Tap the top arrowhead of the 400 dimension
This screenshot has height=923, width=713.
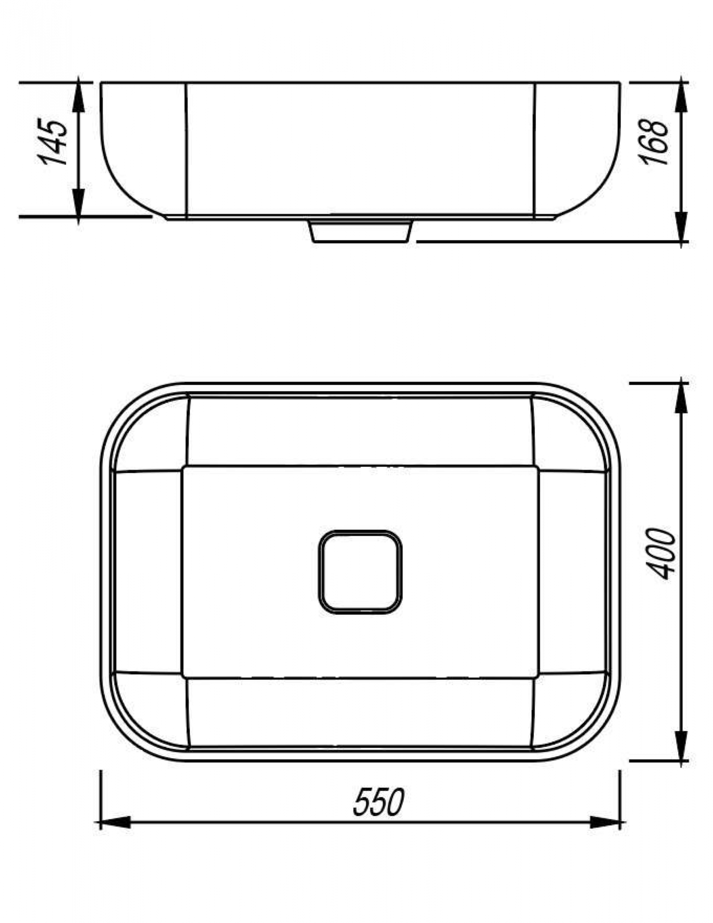pyautogui.click(x=681, y=399)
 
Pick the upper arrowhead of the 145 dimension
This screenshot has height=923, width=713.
pyautogui.click(x=78, y=97)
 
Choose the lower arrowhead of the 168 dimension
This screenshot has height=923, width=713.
pyautogui.click(x=681, y=226)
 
